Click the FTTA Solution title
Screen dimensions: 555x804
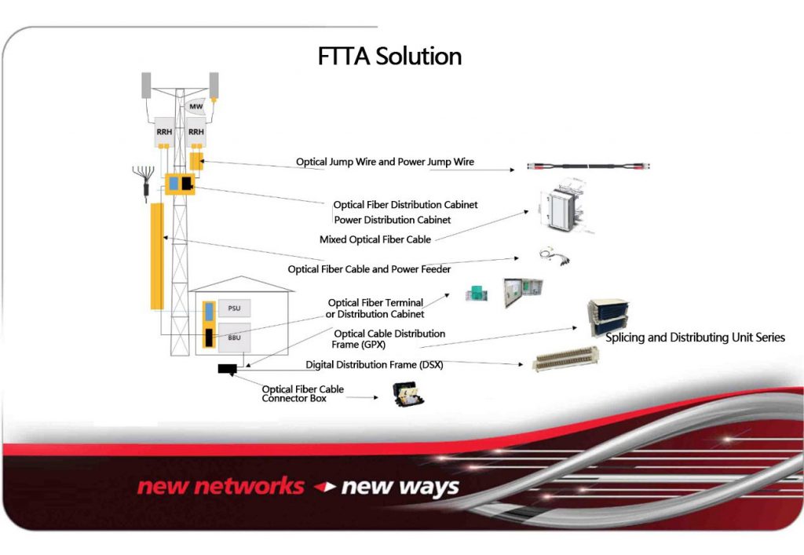click(389, 57)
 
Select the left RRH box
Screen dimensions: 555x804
click(164, 133)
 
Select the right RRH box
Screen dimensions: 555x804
click(196, 133)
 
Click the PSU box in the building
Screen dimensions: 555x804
click(234, 309)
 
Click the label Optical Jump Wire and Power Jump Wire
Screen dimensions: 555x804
click(385, 162)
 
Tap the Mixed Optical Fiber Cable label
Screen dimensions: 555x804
click(375, 239)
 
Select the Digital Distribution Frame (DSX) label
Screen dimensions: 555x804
click(374, 364)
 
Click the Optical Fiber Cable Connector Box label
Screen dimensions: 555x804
click(302, 394)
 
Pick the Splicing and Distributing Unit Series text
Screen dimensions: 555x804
click(695, 338)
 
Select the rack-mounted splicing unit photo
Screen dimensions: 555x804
click(608, 317)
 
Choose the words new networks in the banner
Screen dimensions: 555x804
click(221, 486)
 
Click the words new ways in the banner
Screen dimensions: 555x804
click(400, 487)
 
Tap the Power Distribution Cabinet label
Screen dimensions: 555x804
click(392, 220)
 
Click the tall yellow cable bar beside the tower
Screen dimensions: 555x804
click(156, 255)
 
